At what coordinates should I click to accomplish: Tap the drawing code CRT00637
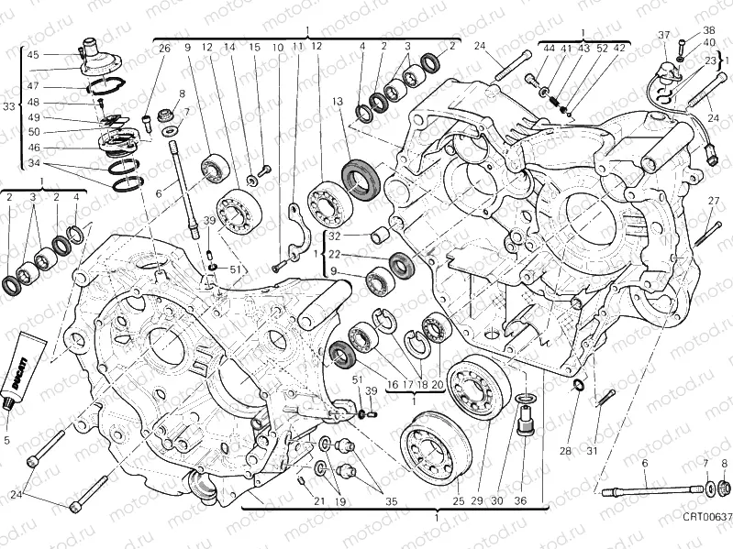pos(705,517)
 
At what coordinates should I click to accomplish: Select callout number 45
pos(33,55)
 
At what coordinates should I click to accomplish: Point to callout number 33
pos(8,107)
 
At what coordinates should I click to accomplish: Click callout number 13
pos(338,102)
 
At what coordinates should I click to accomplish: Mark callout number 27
pos(713,201)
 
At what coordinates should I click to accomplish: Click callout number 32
pos(336,236)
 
